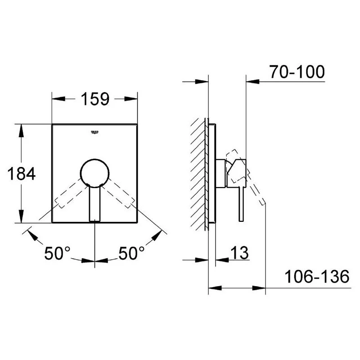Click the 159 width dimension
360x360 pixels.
[95, 99]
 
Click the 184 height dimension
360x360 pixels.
[21, 173]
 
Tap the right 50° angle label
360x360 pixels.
[132, 254]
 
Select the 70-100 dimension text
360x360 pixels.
[297, 72]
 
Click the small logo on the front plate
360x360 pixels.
[94, 131]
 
